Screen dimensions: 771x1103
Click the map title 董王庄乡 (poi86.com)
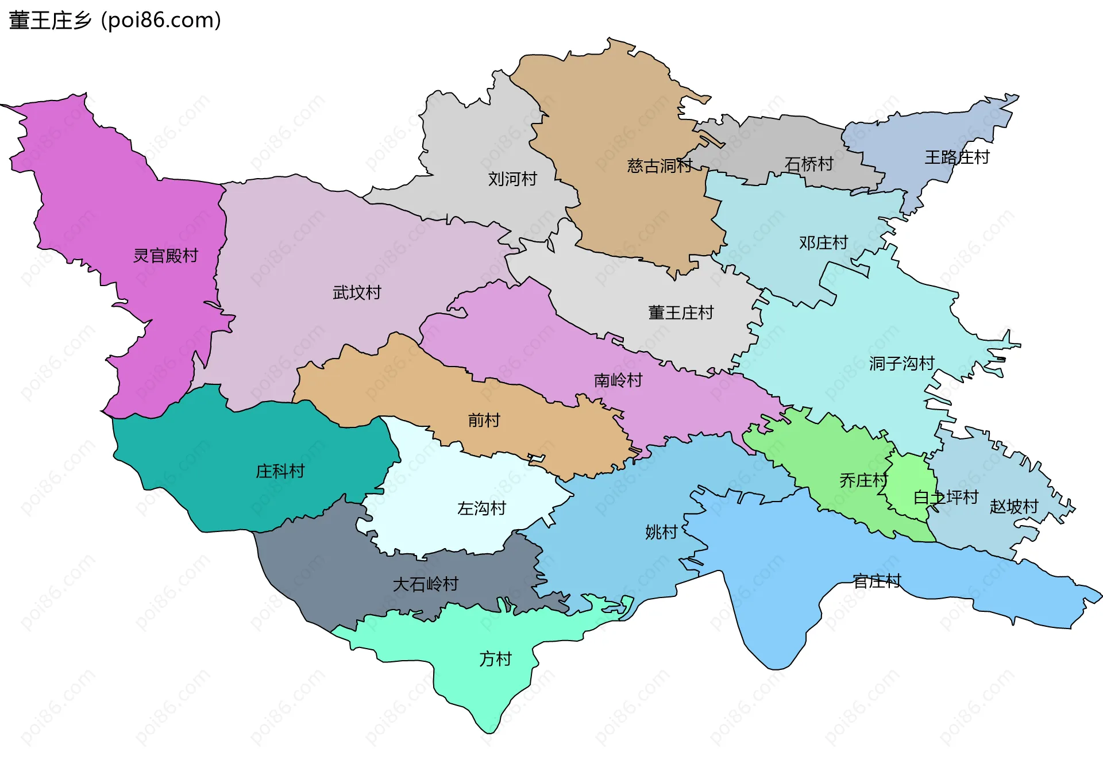click(115, 21)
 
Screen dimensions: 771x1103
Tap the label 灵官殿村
click(165, 256)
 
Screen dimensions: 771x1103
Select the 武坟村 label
click(357, 293)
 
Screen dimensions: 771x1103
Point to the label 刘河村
click(512, 179)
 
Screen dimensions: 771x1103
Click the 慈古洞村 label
click(660, 166)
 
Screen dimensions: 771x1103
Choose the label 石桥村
click(809, 165)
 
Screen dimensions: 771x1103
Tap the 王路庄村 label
click(957, 157)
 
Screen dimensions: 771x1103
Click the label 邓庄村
click(823, 243)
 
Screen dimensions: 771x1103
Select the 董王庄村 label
click(681, 313)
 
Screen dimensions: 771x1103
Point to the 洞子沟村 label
click(901, 364)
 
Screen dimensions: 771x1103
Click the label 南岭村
click(618, 380)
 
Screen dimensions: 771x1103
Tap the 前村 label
click(484, 421)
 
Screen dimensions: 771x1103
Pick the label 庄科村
click(280, 472)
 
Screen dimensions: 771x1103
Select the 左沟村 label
click(481, 508)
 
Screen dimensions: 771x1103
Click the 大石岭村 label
click(425, 585)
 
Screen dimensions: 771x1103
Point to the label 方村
click(495, 659)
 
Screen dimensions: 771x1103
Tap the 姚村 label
click(661, 533)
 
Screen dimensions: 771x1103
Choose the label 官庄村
click(877, 581)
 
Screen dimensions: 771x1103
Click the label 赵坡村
click(1014, 507)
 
